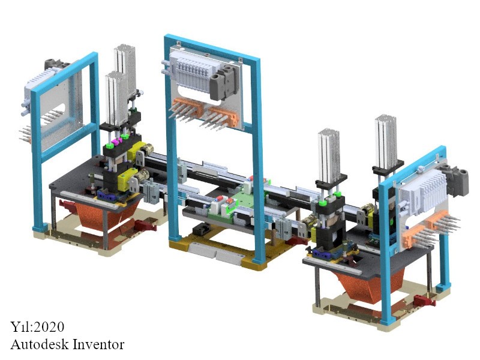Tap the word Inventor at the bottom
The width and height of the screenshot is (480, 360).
(98, 344)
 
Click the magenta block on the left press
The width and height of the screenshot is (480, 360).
(116, 141)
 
